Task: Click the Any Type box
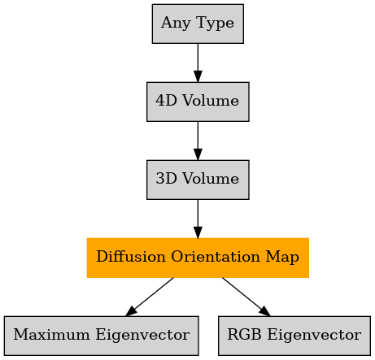198,24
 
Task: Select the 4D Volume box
198,102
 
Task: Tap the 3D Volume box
198,180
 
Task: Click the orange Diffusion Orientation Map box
198,258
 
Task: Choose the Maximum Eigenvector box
102,336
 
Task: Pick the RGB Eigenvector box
294,336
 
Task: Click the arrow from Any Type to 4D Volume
198,63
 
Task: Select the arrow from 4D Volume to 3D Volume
198,141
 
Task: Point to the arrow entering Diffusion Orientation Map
198,219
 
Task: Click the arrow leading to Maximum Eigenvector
150,297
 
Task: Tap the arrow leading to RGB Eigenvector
246,297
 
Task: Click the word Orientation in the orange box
216,256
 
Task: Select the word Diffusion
131,256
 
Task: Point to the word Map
282,258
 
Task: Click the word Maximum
52,334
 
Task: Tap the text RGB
244,334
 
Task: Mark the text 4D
166,100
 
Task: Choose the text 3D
166,178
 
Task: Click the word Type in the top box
215,23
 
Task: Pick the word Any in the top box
176,23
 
